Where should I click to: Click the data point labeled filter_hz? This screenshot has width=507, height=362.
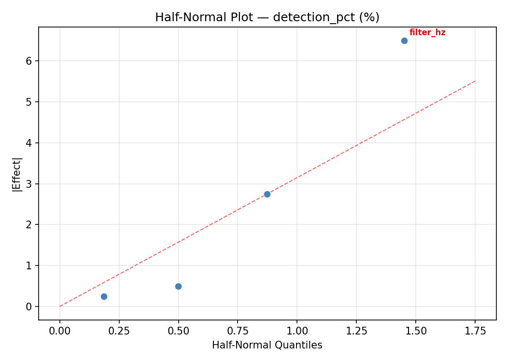404,41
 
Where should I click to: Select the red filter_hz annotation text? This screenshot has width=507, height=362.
427,33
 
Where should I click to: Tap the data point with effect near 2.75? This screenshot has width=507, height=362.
267,194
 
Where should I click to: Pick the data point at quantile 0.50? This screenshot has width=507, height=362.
178,286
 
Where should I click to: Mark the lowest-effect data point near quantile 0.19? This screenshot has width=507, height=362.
104,296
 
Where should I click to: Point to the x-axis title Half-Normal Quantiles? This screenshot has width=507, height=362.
267,345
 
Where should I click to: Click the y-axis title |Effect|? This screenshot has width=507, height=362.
17,173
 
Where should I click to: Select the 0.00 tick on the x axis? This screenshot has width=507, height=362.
60,331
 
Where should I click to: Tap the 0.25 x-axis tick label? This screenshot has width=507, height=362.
119,331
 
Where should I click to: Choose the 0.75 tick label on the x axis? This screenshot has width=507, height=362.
238,331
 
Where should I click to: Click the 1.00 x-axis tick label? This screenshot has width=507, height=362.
297,331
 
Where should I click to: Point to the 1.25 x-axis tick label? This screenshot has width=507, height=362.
356,331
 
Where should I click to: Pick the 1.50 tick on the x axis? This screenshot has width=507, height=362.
416,331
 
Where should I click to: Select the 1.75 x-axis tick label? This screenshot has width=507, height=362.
475,331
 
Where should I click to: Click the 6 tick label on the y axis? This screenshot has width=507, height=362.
29,61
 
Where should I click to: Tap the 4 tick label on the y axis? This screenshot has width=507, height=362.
29,143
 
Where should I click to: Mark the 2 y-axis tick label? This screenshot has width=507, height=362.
29,224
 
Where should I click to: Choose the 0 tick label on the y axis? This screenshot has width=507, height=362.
29,306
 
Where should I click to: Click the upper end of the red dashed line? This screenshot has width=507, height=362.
475,81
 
